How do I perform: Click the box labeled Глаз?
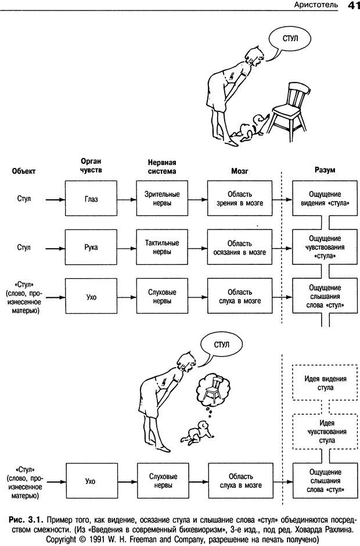(90, 200)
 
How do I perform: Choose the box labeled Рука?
(90, 247)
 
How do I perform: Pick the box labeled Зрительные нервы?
(161, 200)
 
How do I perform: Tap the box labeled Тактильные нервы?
(161, 247)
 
